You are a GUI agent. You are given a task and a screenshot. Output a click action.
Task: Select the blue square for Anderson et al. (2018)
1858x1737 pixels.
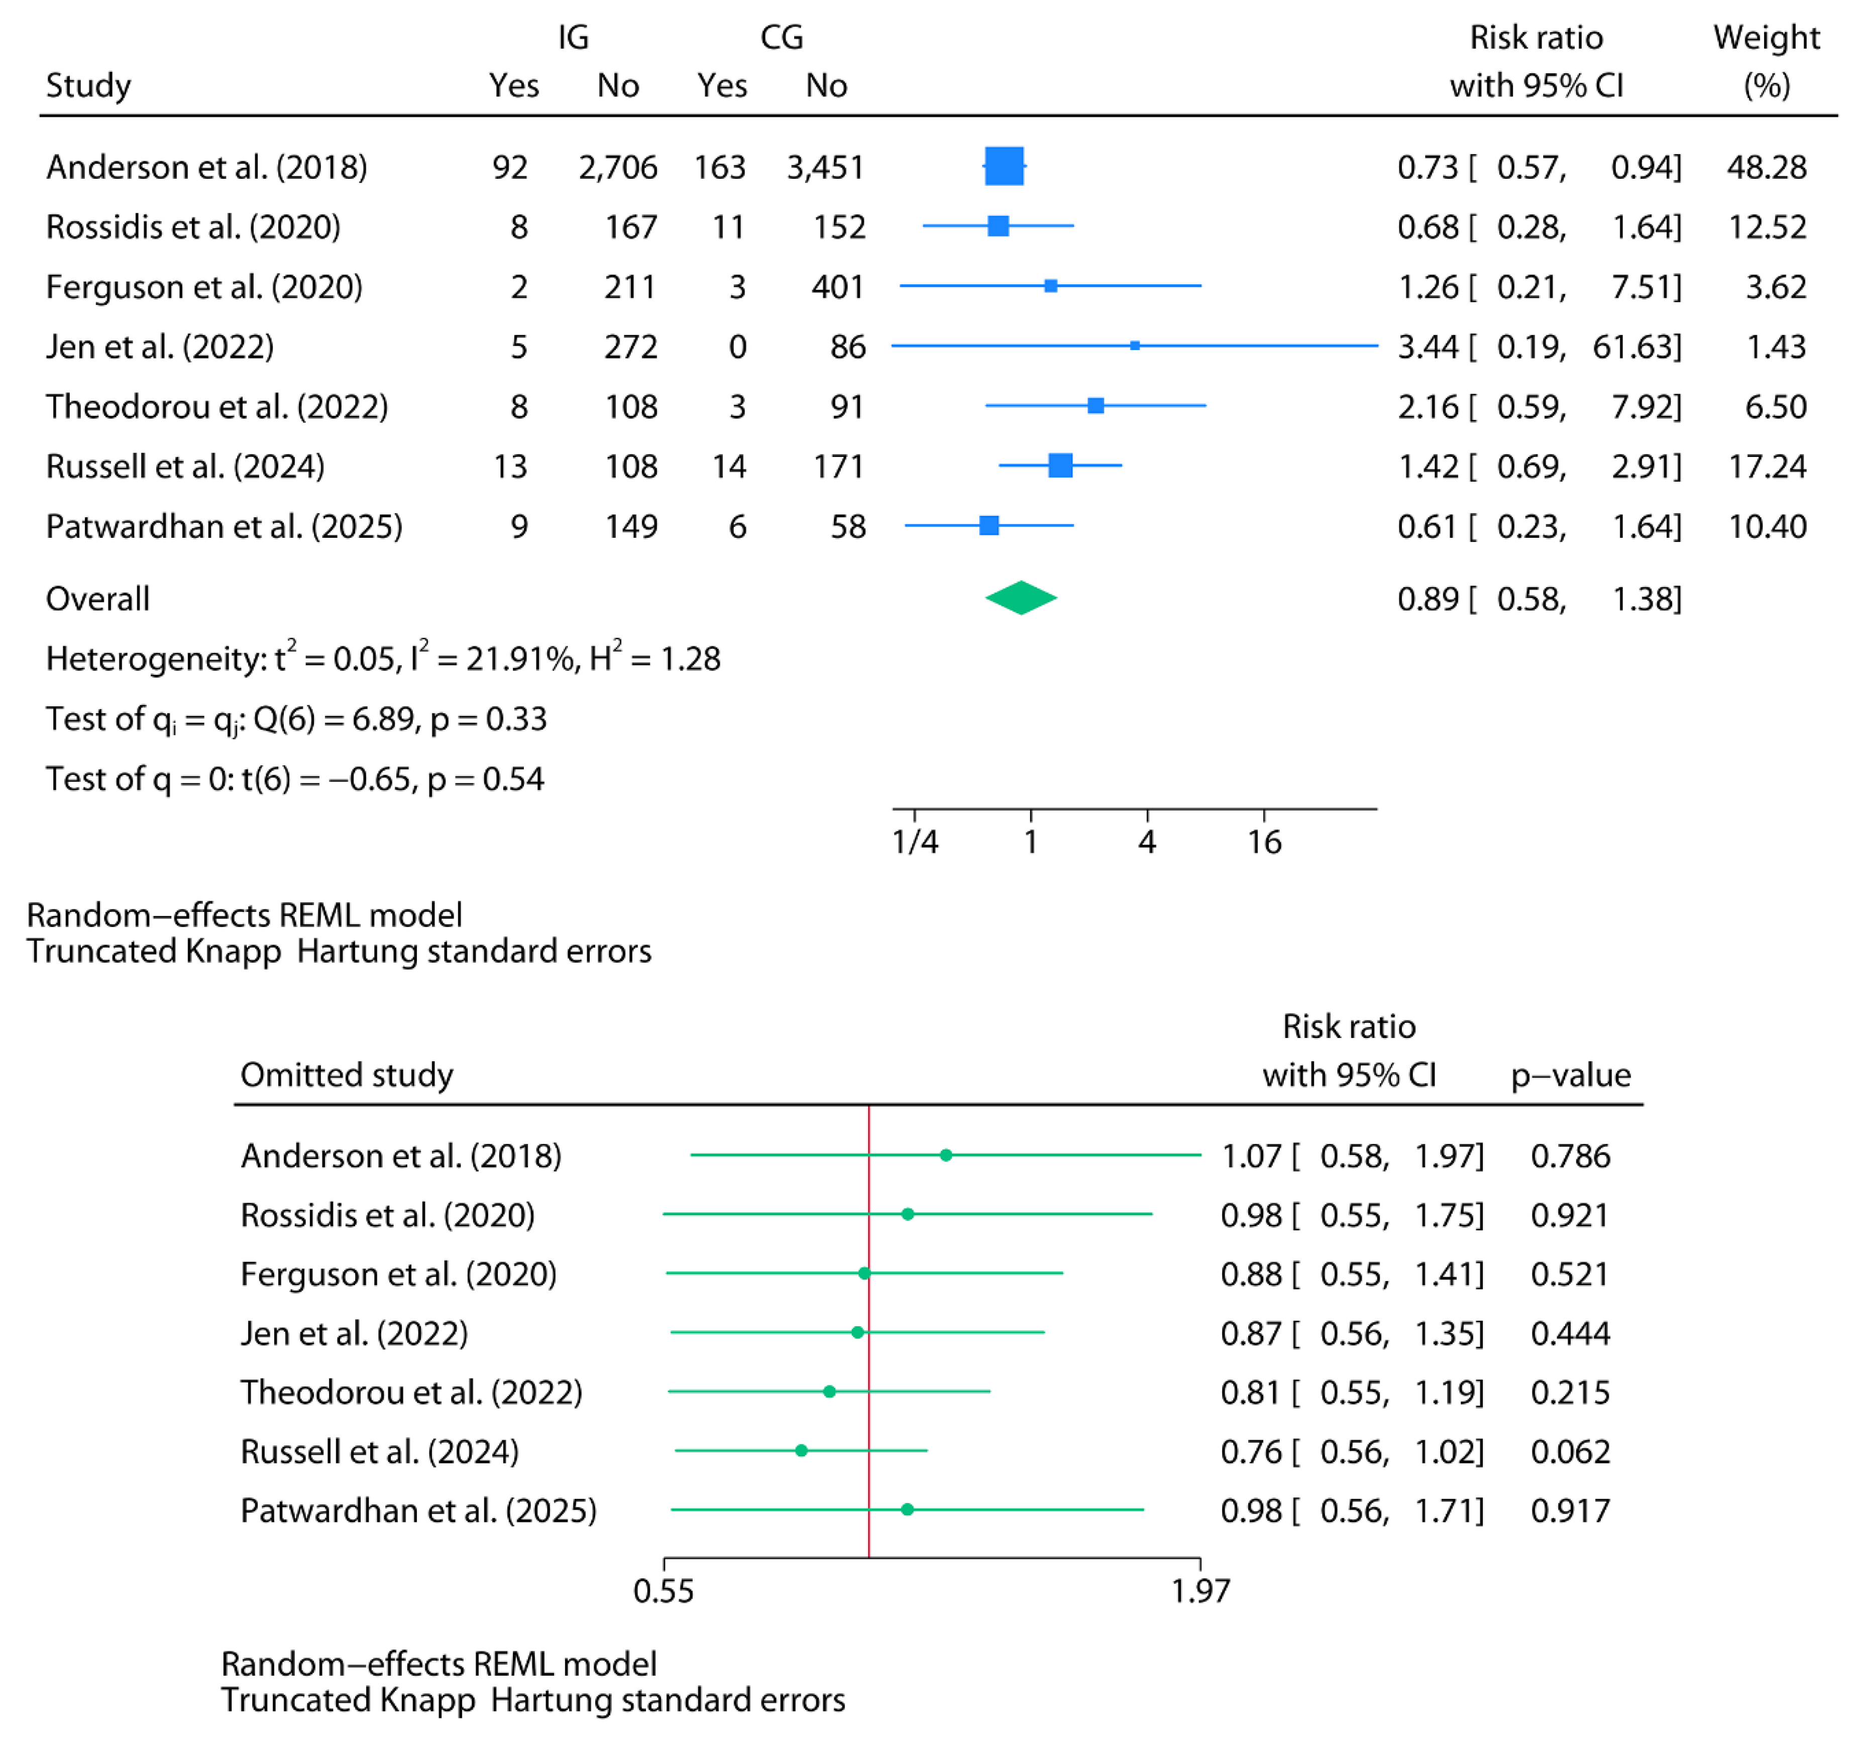pos(1005,166)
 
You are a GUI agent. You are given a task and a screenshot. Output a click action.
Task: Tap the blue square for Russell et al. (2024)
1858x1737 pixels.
pos(1060,466)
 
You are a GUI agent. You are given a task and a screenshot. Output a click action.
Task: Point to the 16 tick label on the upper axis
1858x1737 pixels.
pos(1264,842)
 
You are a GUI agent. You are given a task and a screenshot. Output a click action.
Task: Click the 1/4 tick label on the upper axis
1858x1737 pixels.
pos(915,842)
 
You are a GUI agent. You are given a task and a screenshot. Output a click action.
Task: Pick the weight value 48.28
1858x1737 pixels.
pos(1767,167)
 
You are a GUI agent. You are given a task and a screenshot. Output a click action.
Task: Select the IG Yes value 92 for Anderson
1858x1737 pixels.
pos(510,167)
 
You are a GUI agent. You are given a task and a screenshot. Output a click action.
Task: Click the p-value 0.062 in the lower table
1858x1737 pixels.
pos(1570,1451)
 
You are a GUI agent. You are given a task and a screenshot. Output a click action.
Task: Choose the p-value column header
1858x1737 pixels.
pos(1570,1075)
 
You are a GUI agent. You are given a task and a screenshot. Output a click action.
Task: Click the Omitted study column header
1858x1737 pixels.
pos(347,1075)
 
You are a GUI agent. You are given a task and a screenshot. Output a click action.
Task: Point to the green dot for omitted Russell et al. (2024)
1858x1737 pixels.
pos(801,1450)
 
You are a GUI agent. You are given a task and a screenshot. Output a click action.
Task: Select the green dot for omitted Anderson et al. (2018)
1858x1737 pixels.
pos(946,1155)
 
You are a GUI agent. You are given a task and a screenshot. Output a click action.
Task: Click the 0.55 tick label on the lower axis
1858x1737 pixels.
pos(664,1590)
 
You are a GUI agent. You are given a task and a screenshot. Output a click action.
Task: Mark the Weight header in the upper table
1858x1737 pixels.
pos(1767,37)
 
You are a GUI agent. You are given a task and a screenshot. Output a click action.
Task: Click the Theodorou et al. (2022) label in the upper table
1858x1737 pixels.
pos(217,406)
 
